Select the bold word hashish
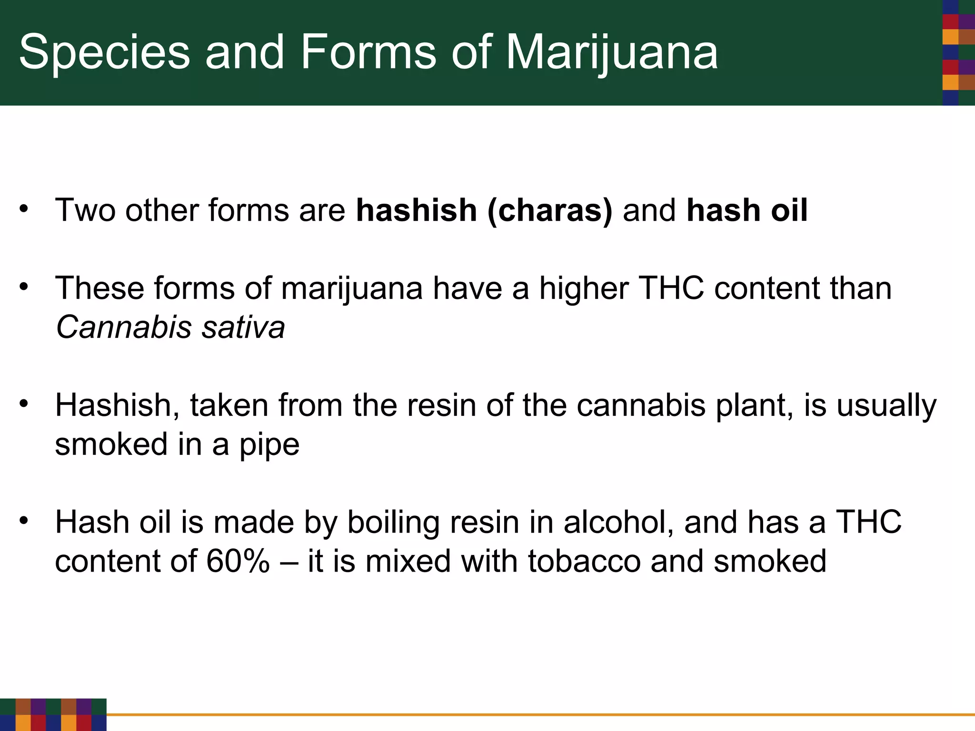(417, 210)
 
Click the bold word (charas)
(550, 210)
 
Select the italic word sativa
(243, 327)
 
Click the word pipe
(269, 445)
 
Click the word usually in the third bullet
(886, 405)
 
